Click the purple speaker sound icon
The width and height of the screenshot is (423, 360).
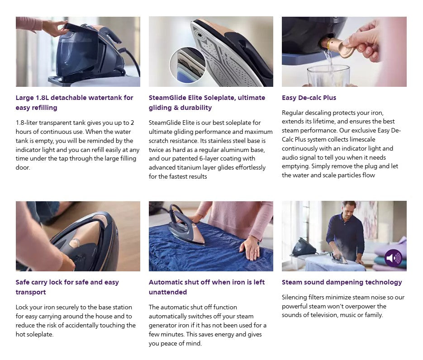(393, 258)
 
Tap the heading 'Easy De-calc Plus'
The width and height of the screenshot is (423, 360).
(309, 98)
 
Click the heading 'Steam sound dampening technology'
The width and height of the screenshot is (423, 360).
(342, 282)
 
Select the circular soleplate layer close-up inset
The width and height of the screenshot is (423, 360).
(187, 65)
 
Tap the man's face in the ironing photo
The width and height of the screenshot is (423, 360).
(348, 210)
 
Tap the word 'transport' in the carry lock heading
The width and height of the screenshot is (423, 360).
(31, 292)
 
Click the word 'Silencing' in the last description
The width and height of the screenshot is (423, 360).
(295, 297)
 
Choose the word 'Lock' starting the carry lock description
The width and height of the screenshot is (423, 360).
(23, 307)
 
